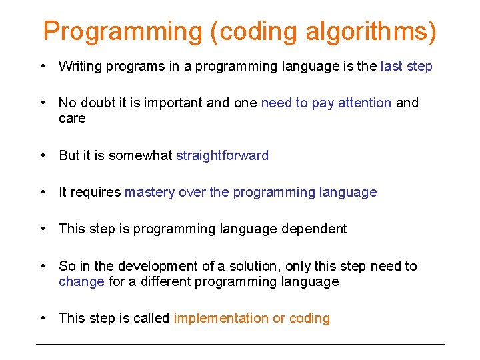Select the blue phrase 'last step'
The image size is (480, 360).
406,66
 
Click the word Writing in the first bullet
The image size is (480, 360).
79,66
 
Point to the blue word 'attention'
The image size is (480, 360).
365,103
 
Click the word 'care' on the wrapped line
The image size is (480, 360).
72,118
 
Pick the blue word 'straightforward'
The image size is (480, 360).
222,155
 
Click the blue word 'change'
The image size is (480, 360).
81,281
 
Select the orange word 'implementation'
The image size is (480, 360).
221,318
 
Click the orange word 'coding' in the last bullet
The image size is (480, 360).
310,318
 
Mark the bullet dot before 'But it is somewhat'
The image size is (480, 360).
43,155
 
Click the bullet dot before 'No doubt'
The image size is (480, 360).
43,103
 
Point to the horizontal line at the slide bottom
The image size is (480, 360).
240,344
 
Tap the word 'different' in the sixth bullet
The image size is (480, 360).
163,281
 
